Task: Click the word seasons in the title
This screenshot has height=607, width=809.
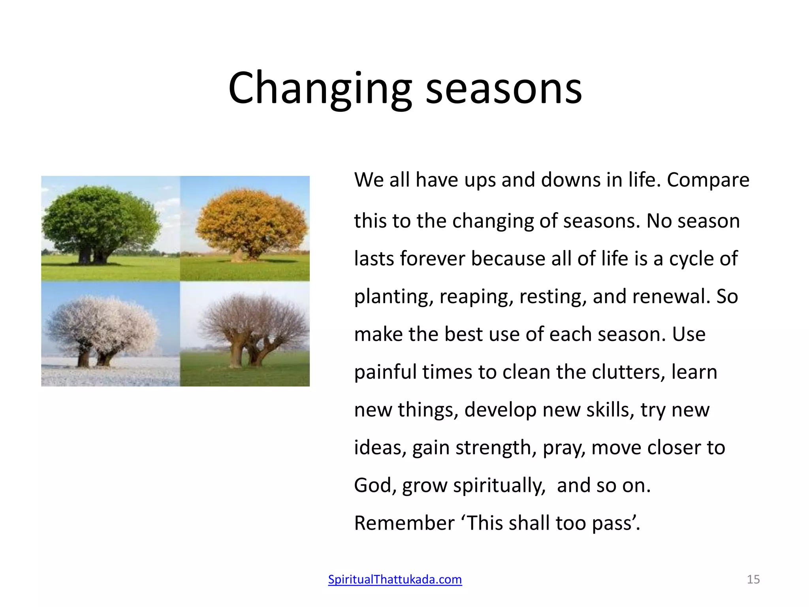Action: click(504, 89)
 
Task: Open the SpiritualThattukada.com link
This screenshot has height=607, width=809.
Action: click(395, 579)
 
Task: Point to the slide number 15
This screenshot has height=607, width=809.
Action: click(753, 579)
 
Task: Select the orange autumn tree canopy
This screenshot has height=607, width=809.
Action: click(251, 221)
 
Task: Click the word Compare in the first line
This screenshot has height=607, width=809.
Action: click(708, 181)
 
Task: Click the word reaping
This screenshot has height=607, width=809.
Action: click(476, 297)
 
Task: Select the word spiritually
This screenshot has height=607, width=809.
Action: click(499, 486)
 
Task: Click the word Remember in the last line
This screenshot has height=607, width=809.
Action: click(404, 523)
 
